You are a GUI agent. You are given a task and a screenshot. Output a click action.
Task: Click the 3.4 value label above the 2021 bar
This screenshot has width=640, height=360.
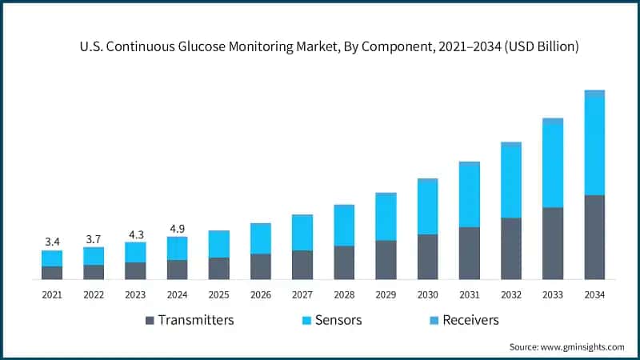pyautogui.click(x=52, y=242)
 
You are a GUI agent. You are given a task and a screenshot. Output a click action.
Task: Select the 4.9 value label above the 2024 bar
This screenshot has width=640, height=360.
pyautogui.click(x=177, y=229)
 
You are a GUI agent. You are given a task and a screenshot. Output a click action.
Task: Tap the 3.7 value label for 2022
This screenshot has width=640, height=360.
pyautogui.click(x=94, y=239)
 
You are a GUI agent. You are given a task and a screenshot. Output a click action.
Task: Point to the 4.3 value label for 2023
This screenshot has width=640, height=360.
pyautogui.click(x=135, y=235)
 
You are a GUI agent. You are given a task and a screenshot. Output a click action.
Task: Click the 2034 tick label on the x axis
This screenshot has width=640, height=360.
pyautogui.click(x=594, y=295)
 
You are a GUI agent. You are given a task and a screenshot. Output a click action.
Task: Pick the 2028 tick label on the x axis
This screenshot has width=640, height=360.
pyautogui.click(x=344, y=295)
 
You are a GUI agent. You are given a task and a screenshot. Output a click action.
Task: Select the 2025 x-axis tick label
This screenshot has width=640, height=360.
pyautogui.click(x=218, y=295)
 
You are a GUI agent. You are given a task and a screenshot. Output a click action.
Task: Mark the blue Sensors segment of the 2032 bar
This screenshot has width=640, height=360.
pyautogui.click(x=511, y=182)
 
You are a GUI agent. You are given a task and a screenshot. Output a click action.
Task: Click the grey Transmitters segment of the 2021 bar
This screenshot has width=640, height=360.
pyautogui.click(x=52, y=273)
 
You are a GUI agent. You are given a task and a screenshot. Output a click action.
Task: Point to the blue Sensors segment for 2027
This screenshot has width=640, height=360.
pyautogui.click(x=302, y=233)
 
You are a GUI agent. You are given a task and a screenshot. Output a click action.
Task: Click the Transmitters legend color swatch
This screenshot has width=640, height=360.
pyautogui.click(x=150, y=321)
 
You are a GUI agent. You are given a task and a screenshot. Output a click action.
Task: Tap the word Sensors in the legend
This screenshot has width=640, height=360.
pyautogui.click(x=338, y=320)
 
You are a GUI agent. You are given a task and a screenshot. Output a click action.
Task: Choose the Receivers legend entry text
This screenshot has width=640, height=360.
pyautogui.click(x=472, y=320)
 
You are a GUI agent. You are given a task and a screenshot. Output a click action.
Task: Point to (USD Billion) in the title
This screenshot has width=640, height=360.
pyautogui.click(x=535, y=47)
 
